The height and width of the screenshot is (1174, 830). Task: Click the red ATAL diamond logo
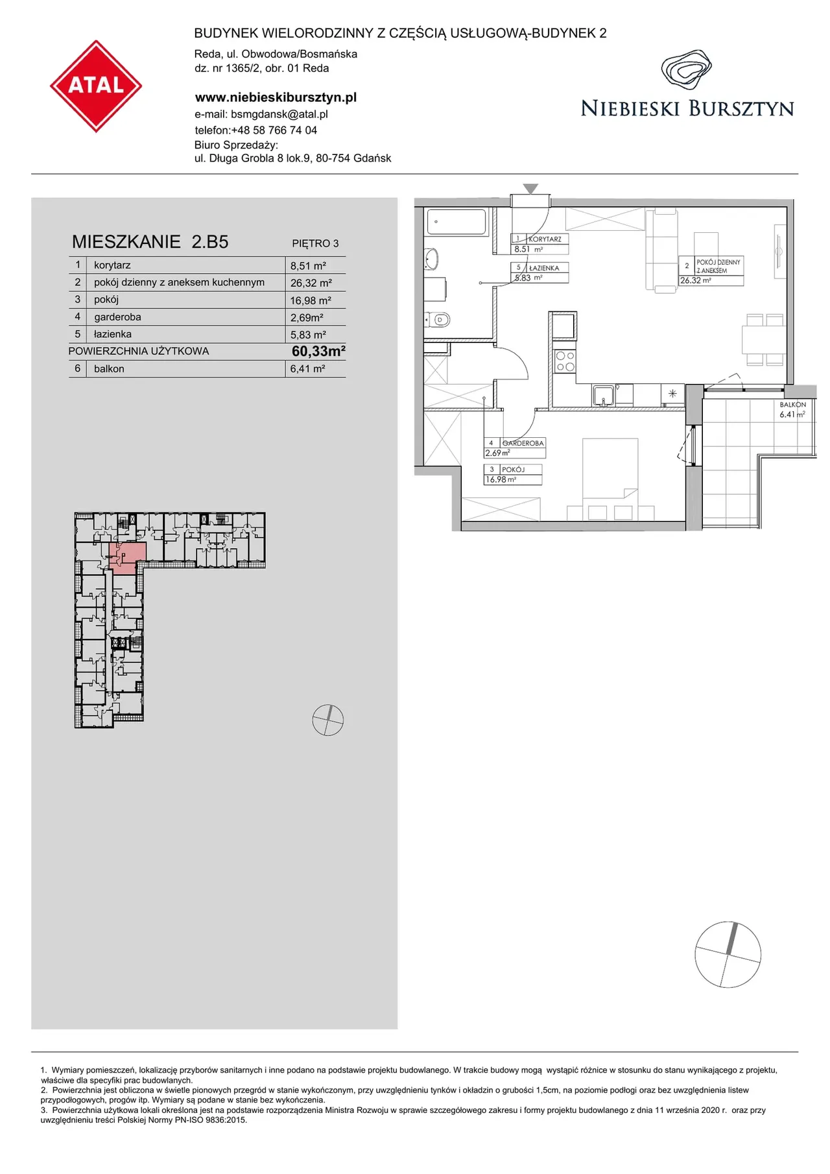pos(96,86)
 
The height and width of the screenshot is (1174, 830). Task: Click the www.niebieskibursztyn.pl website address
pos(276,97)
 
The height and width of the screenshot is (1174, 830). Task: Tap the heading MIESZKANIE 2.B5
pos(150,242)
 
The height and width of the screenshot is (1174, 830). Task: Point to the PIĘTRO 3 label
pos(315,244)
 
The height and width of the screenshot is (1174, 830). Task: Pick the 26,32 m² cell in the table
pos(311,283)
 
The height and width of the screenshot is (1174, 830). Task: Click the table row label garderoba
pos(117,317)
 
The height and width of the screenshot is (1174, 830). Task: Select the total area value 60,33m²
pos(318,351)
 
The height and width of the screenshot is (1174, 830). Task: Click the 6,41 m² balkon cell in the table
pos(307,368)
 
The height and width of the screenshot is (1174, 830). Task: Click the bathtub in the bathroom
pos(456,222)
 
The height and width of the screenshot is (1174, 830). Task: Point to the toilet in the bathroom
pos(438,319)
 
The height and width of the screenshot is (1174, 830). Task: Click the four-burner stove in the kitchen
pos(565,361)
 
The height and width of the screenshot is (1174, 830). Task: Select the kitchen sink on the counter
pos(603,395)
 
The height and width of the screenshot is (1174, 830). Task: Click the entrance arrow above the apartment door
pos(530,189)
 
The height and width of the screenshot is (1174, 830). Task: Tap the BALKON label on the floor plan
pos(793,405)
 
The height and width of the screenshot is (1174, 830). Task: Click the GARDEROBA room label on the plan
pos(523,443)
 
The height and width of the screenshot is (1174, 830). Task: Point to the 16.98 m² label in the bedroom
pos(501,480)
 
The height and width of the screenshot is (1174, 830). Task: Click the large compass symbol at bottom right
pos(728,954)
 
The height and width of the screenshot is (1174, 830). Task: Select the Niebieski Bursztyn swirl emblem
pos(686,70)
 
